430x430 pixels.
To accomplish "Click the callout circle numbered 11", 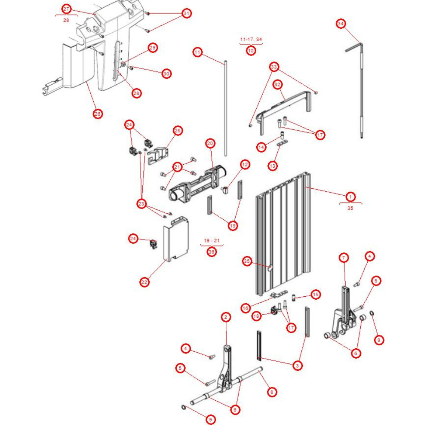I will point(197,52).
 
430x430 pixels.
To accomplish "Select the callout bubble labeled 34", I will point(341,24).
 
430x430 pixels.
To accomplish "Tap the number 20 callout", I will point(210,143).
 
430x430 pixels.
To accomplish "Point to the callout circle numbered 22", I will point(144,282).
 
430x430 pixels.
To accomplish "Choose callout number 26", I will point(98,114).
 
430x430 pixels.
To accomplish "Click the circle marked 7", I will point(344,258).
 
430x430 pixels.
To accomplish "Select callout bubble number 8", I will point(271,392).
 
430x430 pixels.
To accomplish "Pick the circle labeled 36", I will point(211,252).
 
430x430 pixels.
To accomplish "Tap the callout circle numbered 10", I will point(251,51).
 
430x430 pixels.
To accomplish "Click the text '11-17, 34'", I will point(251,40).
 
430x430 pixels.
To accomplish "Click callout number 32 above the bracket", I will point(277,85).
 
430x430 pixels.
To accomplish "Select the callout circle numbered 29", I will point(153,48).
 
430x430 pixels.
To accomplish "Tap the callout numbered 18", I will point(257,316).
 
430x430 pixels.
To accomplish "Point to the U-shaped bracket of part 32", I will point(284,105).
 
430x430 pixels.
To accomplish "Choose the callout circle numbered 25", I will point(178,130).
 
